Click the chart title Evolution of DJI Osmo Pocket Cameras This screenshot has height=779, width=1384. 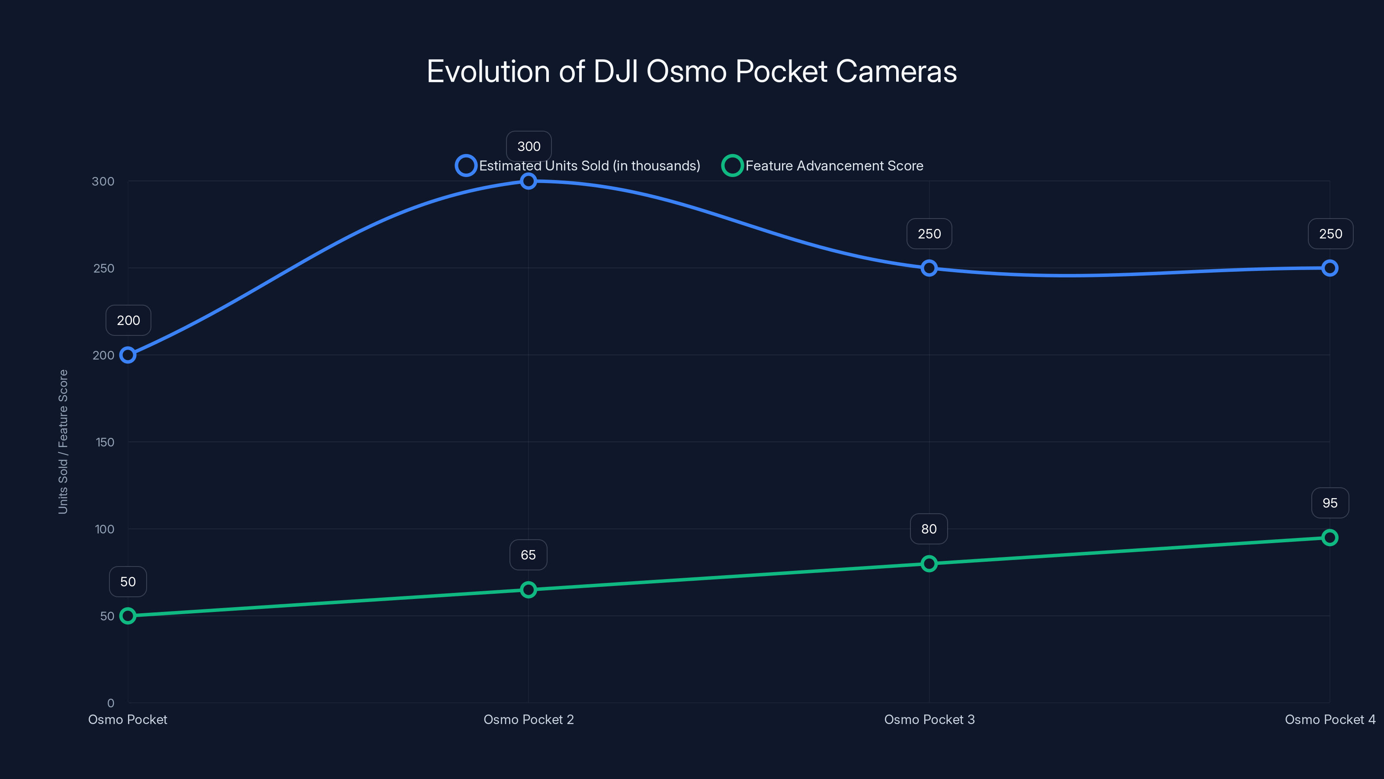tap(692, 71)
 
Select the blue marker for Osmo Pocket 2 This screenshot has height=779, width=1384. tap(528, 181)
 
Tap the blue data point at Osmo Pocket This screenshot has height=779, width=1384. tap(128, 355)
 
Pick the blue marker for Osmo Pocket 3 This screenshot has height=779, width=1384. tap(929, 268)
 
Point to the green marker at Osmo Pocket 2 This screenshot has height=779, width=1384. tap(528, 590)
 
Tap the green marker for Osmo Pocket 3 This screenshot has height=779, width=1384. tap(929, 563)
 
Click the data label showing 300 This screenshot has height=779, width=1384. tap(529, 146)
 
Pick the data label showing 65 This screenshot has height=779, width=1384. tap(528, 555)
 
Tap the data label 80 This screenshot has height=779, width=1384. tap(929, 529)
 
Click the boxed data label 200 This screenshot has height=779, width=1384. tap(128, 320)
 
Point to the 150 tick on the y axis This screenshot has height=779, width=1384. tap(105, 442)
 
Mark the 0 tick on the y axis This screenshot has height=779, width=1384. tap(111, 703)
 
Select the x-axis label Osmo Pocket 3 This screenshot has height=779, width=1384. tap(929, 719)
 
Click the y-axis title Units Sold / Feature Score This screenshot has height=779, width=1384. tap(63, 441)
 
